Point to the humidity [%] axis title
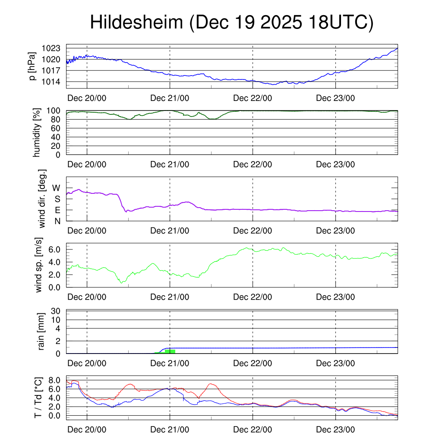pyautogui.click(x=38, y=132)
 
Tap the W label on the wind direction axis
pyautogui.click(x=57, y=188)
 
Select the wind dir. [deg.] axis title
pyautogui.click(x=42, y=199)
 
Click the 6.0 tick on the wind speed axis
pyautogui.click(x=55, y=249)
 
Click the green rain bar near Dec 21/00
pyautogui.click(x=170, y=351)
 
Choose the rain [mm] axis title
pyautogui.click(x=42, y=331)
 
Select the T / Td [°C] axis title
pyautogui.click(x=38, y=398)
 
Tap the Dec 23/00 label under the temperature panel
pyautogui.click(x=335, y=430)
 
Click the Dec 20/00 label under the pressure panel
pyautogui.click(x=87, y=98)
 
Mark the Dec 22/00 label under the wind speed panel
pyautogui.click(x=253, y=297)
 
